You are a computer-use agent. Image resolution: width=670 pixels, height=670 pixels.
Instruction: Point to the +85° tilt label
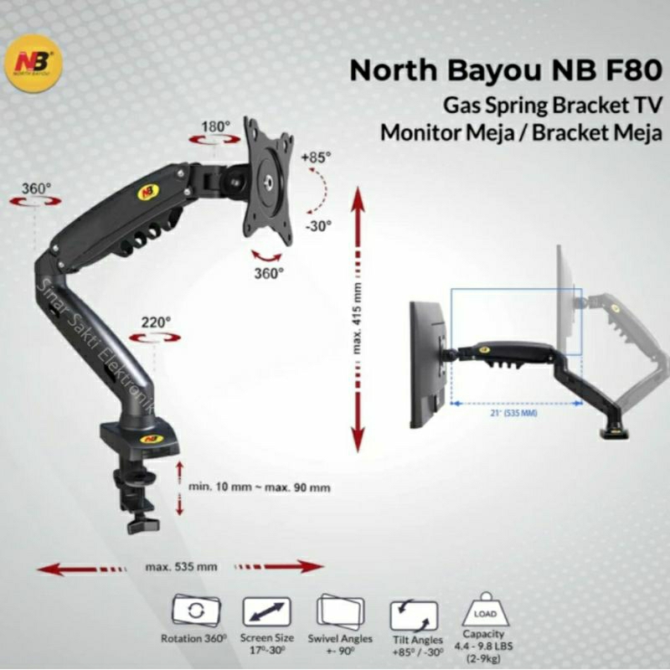click(x=317, y=157)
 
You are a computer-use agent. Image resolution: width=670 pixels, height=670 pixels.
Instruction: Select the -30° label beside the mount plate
click(x=319, y=224)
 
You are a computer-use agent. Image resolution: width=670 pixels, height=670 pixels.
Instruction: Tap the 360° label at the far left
click(x=37, y=188)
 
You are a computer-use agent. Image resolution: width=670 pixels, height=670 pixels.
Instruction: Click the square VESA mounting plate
click(x=268, y=180)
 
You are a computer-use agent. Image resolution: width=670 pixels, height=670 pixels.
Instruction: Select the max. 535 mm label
click(x=181, y=567)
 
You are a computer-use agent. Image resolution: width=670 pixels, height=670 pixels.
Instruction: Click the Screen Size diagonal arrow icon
click(x=265, y=611)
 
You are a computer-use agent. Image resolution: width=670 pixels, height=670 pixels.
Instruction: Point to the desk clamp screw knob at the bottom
click(x=142, y=524)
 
